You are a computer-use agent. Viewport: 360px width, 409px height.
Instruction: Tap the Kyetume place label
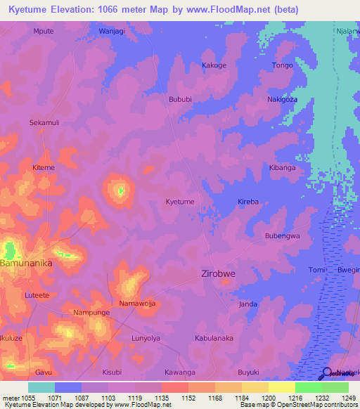[180, 202]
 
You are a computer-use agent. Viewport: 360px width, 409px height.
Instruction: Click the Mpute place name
[43, 32]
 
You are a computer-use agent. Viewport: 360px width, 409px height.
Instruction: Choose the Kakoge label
[214, 65]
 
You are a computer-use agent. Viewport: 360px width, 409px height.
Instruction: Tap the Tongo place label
[282, 65]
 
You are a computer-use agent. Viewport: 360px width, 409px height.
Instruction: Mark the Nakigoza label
[282, 100]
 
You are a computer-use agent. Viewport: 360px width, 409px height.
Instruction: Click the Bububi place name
[180, 100]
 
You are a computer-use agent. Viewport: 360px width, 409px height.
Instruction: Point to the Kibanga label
[282, 168]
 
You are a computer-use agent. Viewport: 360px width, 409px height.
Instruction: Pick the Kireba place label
[248, 202]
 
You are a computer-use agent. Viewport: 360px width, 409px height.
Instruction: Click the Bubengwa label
[282, 236]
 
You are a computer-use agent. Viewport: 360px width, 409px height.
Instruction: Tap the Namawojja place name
[137, 304]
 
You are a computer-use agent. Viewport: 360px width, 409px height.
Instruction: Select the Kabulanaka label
[214, 338]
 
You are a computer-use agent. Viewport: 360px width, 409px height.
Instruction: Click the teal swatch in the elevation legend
[41, 387]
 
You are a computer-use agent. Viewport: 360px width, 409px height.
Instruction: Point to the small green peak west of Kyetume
[120, 190]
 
